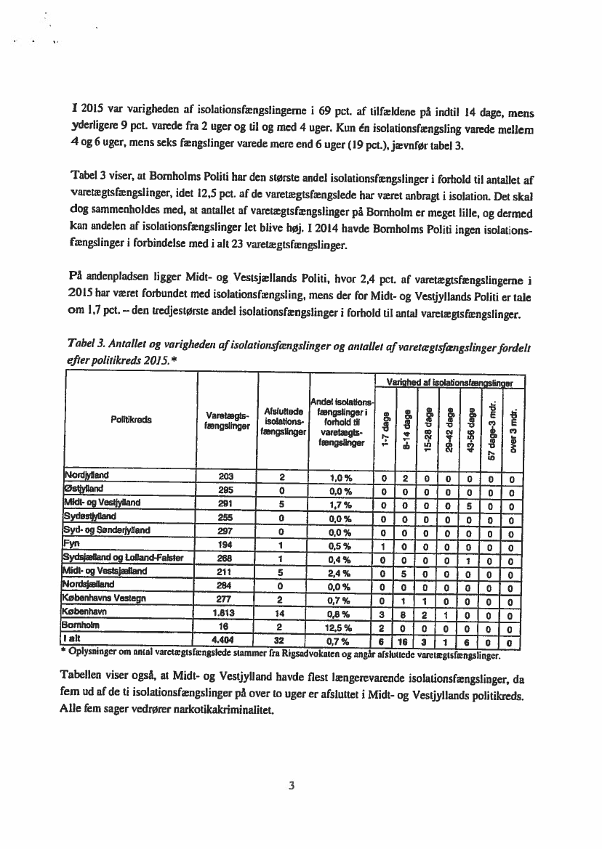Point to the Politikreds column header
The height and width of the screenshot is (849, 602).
(x=131, y=419)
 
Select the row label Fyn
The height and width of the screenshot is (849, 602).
(x=71, y=541)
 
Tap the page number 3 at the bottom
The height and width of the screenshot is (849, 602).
(x=290, y=784)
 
